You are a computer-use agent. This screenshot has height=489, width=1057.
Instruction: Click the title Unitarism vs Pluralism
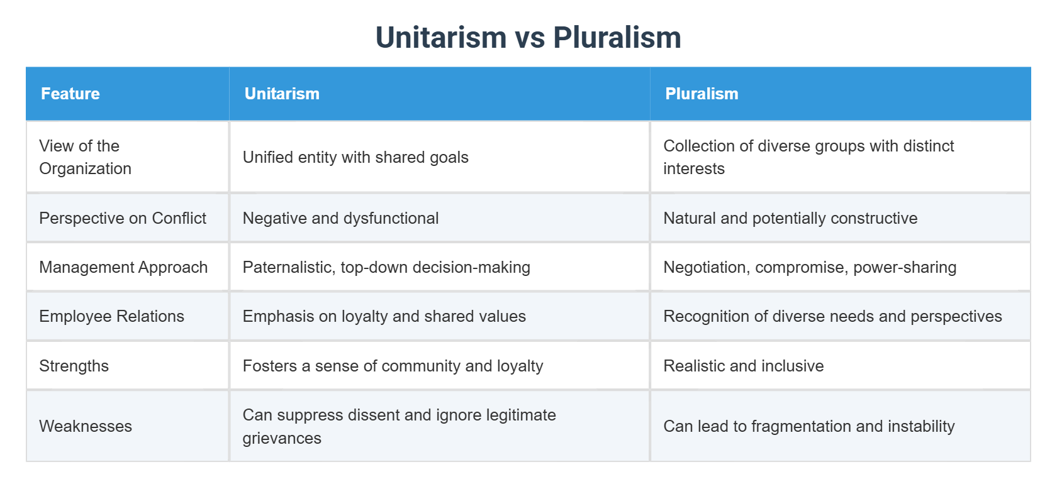pos(528,37)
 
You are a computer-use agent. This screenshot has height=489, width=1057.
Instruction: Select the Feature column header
pos(70,94)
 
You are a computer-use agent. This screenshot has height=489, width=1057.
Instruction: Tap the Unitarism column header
pos(282,94)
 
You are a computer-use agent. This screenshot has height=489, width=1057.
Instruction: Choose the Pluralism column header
pos(702,94)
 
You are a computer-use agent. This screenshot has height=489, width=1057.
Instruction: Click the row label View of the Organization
pos(85,157)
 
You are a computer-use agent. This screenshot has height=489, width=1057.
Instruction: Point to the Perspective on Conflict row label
pos(123,218)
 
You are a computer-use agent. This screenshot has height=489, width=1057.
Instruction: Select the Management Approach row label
pos(123,267)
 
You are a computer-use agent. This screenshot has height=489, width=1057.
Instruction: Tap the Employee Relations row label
pos(111,316)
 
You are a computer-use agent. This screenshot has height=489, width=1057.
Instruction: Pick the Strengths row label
pos(74,366)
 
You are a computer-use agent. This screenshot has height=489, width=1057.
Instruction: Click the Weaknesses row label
pos(86,426)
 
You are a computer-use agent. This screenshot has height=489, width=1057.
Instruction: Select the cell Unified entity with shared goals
pos(355,157)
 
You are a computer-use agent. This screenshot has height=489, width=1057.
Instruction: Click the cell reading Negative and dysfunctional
pos(340,218)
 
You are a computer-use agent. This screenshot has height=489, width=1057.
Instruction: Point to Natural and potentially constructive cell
pos(790,218)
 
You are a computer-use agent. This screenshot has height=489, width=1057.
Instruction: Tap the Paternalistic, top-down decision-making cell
pos(386,267)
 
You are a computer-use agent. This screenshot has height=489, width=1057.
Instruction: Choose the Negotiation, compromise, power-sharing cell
pos(810,267)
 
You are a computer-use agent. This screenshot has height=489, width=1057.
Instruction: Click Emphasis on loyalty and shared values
pos(384,316)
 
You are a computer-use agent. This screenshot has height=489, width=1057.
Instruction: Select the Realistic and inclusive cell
pos(743,366)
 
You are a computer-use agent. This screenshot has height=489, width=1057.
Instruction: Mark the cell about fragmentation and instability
pos(808,426)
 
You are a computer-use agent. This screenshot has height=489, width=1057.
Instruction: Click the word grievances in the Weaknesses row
pos(282,438)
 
